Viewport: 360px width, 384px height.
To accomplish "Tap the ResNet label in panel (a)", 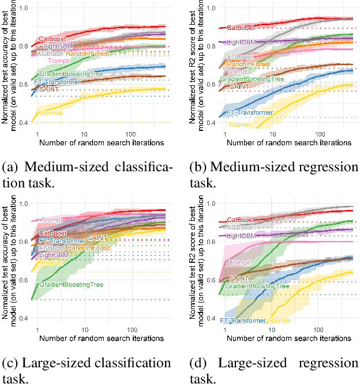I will coord(51,112).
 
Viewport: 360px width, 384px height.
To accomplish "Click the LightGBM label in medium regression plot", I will coord(241,43).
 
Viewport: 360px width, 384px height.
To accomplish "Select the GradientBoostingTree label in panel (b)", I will coord(252,79).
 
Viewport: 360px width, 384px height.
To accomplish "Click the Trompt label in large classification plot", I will coord(52,220).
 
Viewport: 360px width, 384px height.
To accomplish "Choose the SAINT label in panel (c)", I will coord(97,238).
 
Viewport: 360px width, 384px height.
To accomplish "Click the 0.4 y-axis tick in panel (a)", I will coord(26,123).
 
